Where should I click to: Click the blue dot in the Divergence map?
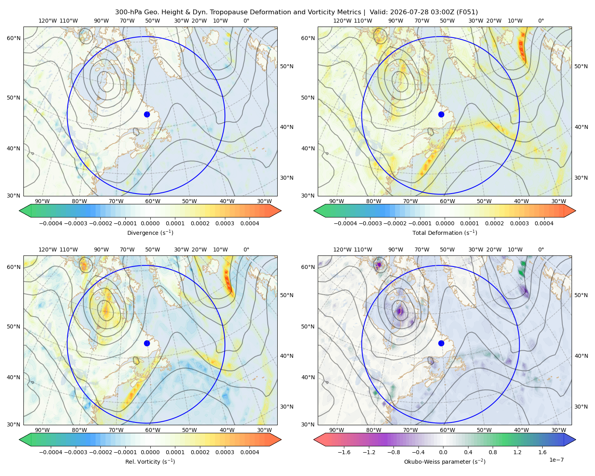(147, 115)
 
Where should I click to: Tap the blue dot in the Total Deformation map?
(441, 115)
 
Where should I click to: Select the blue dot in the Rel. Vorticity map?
(147, 343)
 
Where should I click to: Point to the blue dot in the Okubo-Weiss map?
(441, 343)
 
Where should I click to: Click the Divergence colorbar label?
(150, 233)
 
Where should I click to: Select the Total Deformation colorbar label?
(445, 233)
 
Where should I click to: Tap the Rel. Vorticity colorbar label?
(150, 462)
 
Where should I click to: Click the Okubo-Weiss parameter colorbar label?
(445, 462)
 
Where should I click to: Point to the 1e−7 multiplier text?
(556, 460)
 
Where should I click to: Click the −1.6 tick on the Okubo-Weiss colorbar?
(344, 452)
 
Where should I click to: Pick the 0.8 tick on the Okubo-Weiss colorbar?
(493, 452)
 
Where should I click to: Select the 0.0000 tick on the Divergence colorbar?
(150, 223)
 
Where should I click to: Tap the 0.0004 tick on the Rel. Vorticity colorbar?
(250, 452)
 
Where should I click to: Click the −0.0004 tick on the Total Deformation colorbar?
(345, 223)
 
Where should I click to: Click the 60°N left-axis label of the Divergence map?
(13, 38)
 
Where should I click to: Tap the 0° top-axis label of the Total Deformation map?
(541, 21)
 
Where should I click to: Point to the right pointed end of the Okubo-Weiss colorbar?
(576, 440)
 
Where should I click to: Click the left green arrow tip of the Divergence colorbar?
(19, 211)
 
